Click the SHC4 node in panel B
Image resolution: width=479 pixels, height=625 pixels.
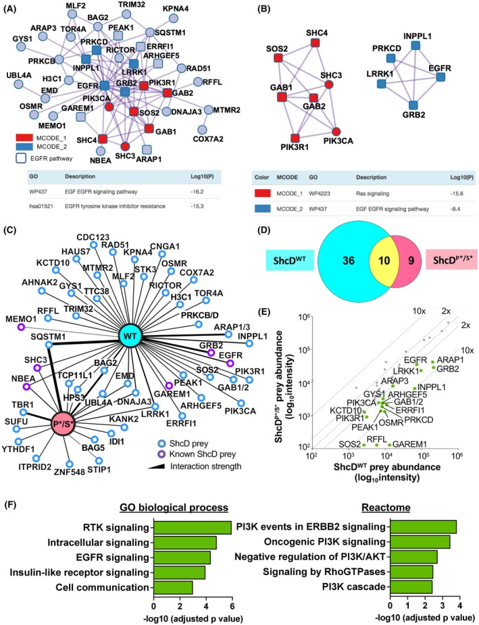pyautogui.click(x=316, y=43)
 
